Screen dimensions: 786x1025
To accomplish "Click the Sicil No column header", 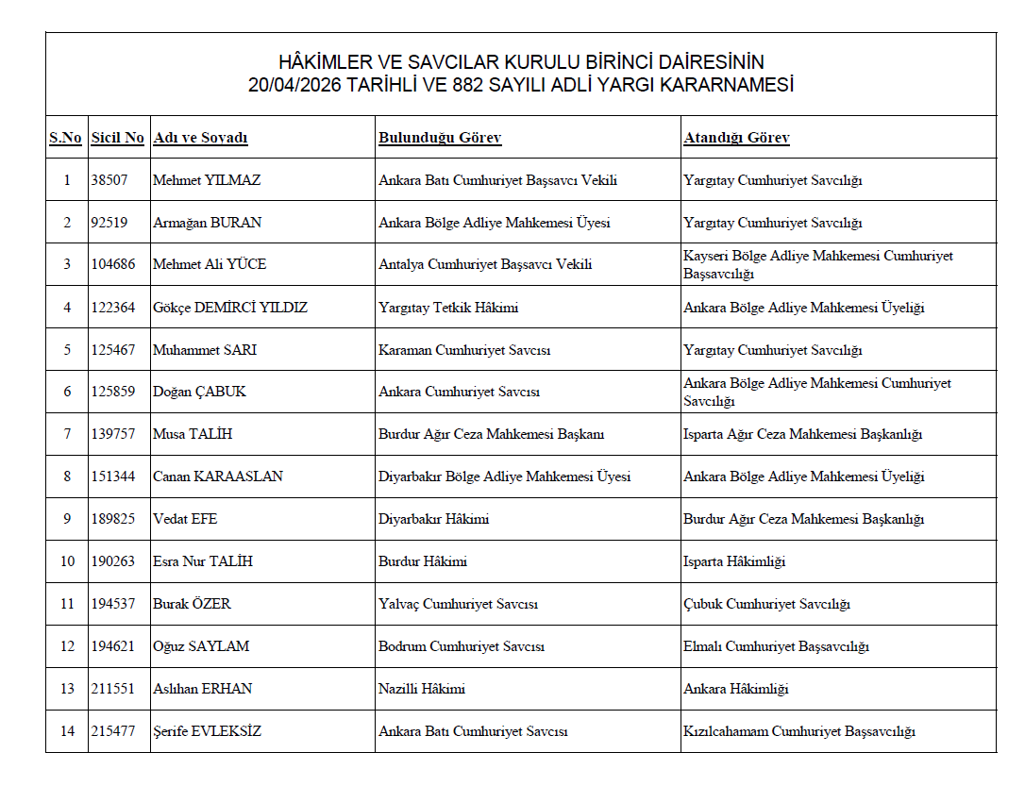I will (117, 138).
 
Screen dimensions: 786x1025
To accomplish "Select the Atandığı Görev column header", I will (736, 138).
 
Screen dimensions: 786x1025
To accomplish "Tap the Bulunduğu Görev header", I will (440, 138).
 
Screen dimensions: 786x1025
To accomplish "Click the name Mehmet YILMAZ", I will (207, 180).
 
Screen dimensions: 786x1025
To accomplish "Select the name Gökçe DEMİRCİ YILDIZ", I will (230, 308).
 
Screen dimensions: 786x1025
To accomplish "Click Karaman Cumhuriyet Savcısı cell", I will (464, 350).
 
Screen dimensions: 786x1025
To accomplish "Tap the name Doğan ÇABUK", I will (199, 392).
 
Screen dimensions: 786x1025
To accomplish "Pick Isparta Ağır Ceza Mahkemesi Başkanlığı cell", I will (802, 434).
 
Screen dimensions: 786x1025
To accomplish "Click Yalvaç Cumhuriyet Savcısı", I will (458, 604).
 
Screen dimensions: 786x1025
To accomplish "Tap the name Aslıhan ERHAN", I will (202, 689).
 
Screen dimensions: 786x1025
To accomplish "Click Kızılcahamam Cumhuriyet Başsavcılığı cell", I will (799, 731).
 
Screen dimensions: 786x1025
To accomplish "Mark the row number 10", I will (67, 561).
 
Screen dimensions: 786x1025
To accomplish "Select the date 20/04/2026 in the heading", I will (294, 85).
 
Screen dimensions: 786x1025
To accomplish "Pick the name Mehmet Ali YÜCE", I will (210, 264).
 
